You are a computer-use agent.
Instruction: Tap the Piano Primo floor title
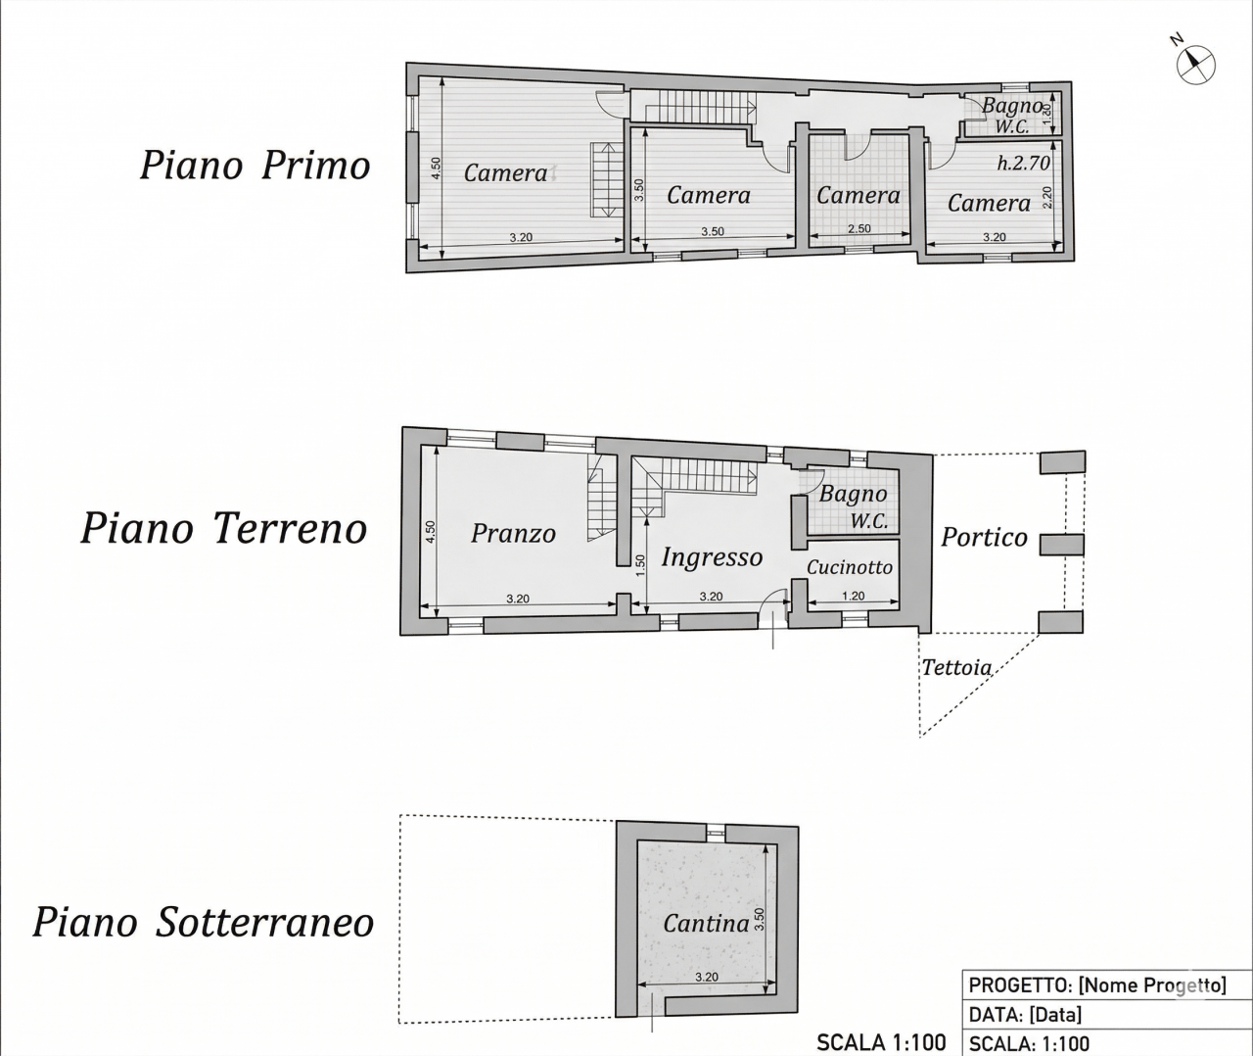coord(255,166)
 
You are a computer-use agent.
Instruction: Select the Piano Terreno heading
coord(224,529)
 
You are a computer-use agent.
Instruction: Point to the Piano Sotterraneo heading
coord(204,923)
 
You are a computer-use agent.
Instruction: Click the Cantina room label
coord(706,923)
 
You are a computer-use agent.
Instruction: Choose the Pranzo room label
coord(513,534)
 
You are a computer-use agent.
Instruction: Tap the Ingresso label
coord(712,557)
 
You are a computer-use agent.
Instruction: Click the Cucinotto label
coord(849,567)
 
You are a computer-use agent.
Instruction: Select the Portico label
coord(984,537)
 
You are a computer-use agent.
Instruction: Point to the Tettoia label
coord(956,667)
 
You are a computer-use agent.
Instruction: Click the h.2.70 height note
coord(1023,163)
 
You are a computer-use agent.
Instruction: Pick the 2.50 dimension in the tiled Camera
coord(859,229)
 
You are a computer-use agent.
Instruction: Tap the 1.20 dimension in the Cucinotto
coord(853,596)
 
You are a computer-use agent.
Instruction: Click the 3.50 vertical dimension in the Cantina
coord(759,919)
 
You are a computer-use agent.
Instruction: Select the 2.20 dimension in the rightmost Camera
coord(1046,197)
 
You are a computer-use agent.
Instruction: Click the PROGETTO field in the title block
coord(1097,1002)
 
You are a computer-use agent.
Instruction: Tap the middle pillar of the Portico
coord(1061,545)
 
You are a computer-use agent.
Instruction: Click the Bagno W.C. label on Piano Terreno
coord(853,507)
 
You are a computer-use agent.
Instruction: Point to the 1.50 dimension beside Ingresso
coord(639,566)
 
